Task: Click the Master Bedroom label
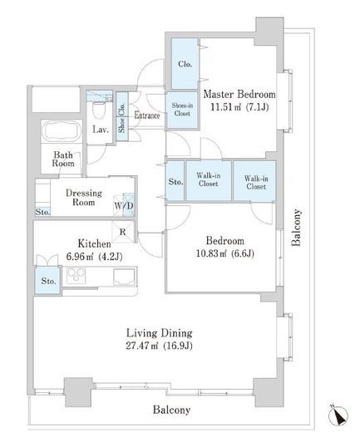239,95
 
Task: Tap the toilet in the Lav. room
99,110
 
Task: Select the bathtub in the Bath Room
62,132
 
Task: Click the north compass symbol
338,415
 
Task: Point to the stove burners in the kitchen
76,275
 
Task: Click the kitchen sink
125,277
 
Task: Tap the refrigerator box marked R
123,232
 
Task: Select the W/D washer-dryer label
124,206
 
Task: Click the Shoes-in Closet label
182,110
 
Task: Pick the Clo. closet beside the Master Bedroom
185,63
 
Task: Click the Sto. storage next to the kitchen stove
48,280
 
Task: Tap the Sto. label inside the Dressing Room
42,212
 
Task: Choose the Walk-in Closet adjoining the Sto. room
209,180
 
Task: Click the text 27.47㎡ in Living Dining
142,346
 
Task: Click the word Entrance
147,115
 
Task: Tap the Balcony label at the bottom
171,410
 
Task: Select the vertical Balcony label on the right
296,228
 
